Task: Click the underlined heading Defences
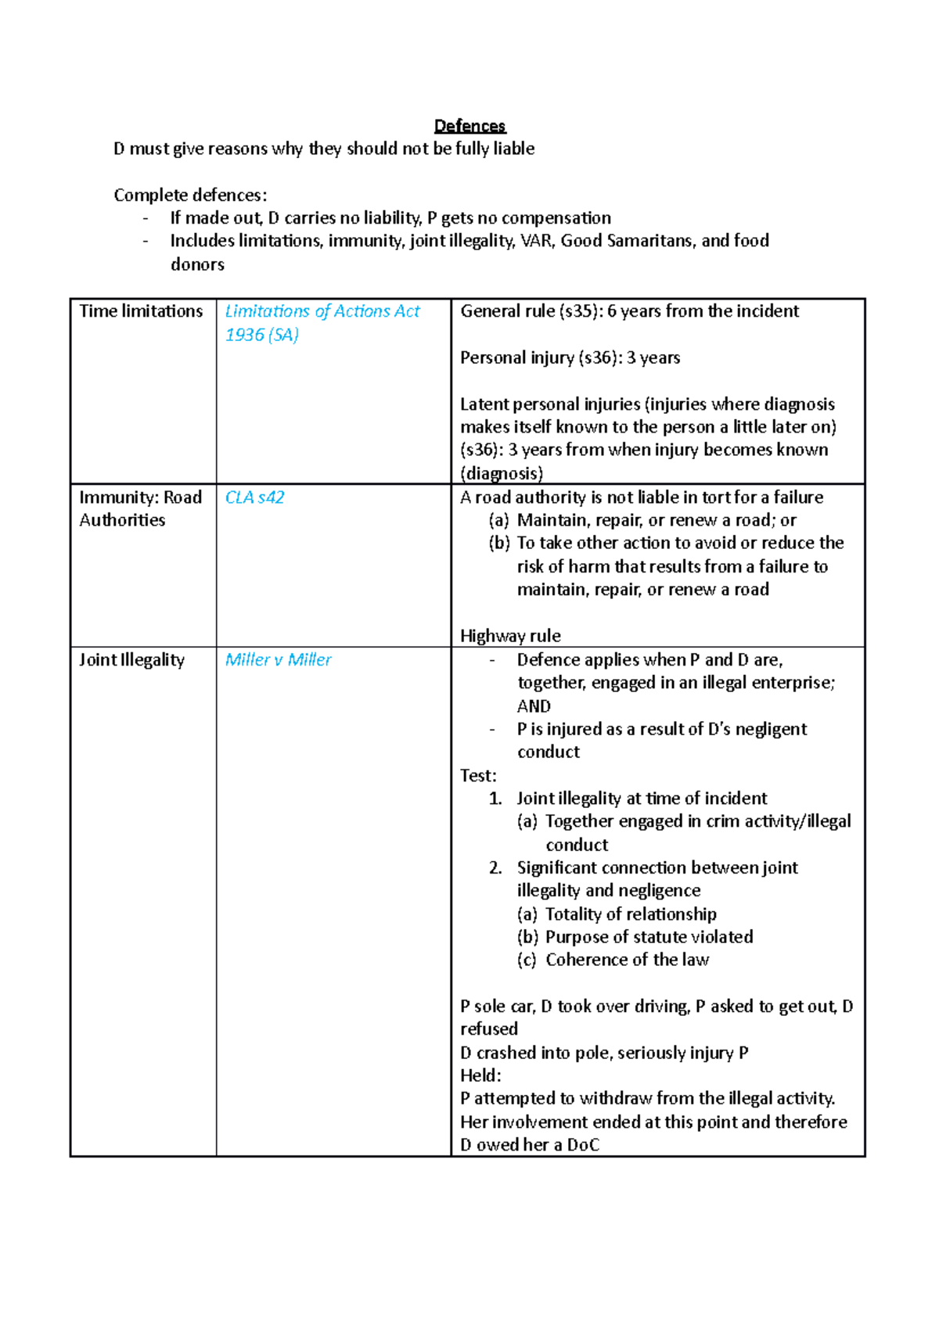click(x=469, y=126)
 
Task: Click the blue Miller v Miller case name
click(x=278, y=659)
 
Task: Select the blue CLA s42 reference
click(x=254, y=497)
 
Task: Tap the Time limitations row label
click(x=141, y=311)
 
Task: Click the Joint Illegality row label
click(x=131, y=659)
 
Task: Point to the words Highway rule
click(x=510, y=636)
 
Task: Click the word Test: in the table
click(x=478, y=775)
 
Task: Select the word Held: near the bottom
click(x=480, y=1075)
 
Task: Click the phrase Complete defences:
click(x=190, y=195)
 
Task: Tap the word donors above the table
click(x=197, y=264)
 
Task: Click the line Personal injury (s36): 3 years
click(x=570, y=357)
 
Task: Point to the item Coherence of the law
click(x=627, y=960)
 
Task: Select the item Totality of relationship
click(x=631, y=913)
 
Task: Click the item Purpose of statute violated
click(x=649, y=937)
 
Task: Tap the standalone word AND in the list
click(x=534, y=705)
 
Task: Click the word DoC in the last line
click(x=583, y=1145)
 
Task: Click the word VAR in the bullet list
click(x=536, y=241)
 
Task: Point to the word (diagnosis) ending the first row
click(x=502, y=473)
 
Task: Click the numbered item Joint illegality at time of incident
click(x=642, y=799)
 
